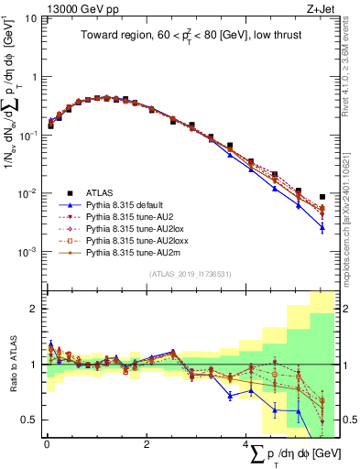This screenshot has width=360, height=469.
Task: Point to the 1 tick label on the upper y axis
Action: tap(35, 77)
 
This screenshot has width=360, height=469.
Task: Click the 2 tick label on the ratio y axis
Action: tap(35, 309)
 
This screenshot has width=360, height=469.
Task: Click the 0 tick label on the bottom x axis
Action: tap(47, 444)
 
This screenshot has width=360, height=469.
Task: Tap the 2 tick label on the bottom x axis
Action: tap(146, 444)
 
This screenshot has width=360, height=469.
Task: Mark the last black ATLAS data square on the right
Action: tap(322, 197)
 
